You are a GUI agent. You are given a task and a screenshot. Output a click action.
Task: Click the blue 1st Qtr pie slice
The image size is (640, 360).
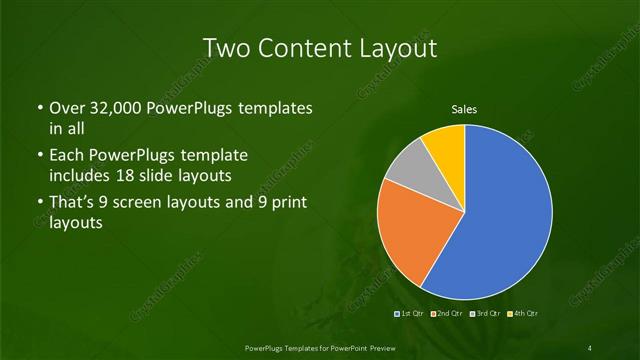pos(500,220)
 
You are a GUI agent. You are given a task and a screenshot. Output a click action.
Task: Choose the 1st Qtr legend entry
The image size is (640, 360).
pos(410,315)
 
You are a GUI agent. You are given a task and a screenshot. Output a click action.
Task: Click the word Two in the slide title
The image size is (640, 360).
pos(224,47)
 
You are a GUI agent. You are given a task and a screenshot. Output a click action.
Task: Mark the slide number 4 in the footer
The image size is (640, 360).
pos(590,347)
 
